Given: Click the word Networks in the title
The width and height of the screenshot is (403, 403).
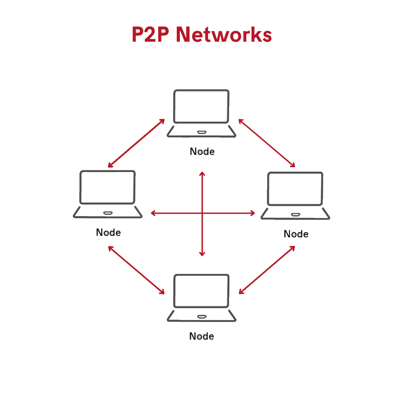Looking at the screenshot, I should pyautogui.click(x=224, y=35).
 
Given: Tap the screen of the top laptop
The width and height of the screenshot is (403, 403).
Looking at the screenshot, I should pyautogui.click(x=201, y=107).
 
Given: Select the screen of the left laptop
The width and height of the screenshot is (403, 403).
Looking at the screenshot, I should pyautogui.click(x=107, y=187).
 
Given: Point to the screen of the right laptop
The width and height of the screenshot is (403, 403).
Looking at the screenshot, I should pyautogui.click(x=295, y=189).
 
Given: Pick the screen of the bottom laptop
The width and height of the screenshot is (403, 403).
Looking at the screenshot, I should pyautogui.click(x=201, y=291).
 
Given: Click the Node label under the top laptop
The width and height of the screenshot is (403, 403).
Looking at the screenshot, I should pyautogui.click(x=202, y=152).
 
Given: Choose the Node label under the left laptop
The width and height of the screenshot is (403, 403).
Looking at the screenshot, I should pyautogui.click(x=108, y=232).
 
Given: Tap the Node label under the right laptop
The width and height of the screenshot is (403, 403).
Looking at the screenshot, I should pyautogui.click(x=296, y=234).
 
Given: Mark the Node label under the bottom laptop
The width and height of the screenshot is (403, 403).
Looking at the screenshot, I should pyautogui.click(x=201, y=336).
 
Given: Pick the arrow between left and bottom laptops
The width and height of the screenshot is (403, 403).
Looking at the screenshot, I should pyautogui.click(x=136, y=270).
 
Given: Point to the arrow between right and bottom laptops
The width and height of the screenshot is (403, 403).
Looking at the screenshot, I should pyautogui.click(x=267, y=270).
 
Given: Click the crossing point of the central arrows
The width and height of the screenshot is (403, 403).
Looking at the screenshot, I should pyautogui.click(x=202, y=213).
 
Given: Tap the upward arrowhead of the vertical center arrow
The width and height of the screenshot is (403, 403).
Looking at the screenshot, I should pyautogui.click(x=202, y=174).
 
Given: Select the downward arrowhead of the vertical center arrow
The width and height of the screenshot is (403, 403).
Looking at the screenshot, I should pyautogui.click(x=202, y=254).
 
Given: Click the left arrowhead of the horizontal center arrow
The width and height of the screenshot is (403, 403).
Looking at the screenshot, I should pyautogui.click(x=153, y=213).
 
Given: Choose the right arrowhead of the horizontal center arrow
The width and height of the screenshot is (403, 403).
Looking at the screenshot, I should pyautogui.click(x=253, y=213).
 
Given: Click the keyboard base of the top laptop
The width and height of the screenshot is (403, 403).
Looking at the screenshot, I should pyautogui.click(x=201, y=132).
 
